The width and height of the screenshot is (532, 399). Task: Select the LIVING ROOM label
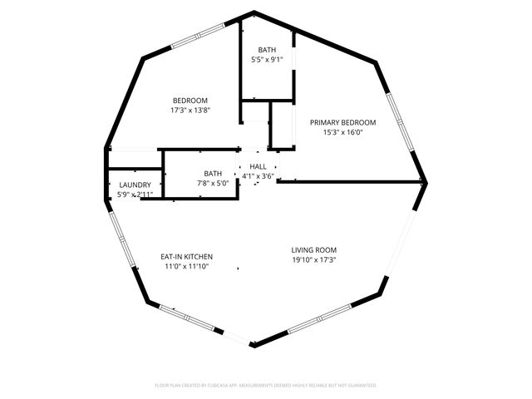click(x=313, y=249)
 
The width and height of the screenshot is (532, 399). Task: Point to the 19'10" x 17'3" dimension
click(x=313, y=259)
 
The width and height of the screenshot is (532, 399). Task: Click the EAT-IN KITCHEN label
click(x=186, y=256)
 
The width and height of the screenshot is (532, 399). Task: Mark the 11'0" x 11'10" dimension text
click(x=186, y=267)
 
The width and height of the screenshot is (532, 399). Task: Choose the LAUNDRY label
click(x=135, y=185)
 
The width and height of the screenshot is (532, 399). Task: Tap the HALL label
click(x=258, y=167)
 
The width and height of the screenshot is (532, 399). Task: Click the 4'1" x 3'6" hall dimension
click(x=258, y=176)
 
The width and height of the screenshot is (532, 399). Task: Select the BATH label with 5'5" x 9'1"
click(x=267, y=50)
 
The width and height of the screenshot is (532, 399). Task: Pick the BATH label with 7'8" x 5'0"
click(x=213, y=174)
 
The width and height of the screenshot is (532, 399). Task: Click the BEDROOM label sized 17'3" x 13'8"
click(x=190, y=101)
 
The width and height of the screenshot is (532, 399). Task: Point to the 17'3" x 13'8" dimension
click(x=190, y=111)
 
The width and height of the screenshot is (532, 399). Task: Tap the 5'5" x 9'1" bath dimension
click(x=267, y=60)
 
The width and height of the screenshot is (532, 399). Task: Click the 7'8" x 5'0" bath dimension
click(x=213, y=184)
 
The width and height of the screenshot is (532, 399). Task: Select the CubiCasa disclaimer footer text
click(x=266, y=386)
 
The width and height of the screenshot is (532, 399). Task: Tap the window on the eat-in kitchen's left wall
click(x=121, y=241)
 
